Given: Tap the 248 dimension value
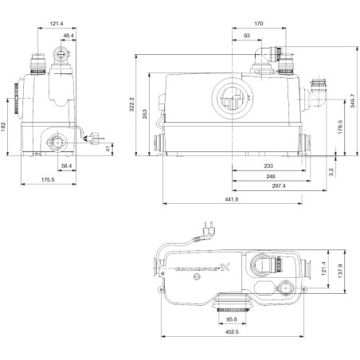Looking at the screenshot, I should pos(272,176).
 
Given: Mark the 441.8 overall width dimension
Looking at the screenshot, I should pos(233,201).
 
